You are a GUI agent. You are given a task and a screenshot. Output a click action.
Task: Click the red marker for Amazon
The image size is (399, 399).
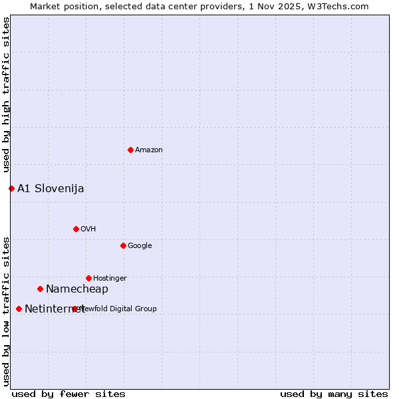[x=130, y=150]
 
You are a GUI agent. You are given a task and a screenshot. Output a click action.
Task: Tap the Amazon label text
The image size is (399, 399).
[x=149, y=150]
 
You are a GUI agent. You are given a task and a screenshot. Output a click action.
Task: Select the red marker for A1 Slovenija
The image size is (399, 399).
[x=11, y=188]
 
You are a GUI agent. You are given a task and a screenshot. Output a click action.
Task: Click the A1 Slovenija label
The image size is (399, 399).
[x=51, y=189]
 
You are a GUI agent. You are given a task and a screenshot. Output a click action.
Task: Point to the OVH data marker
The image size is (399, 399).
[x=76, y=229]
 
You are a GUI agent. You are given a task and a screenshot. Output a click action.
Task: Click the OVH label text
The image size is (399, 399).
[x=88, y=229]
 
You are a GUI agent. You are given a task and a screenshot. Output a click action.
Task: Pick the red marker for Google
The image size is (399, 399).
[x=123, y=245]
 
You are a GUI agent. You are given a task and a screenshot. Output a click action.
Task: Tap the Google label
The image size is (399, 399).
[x=140, y=246]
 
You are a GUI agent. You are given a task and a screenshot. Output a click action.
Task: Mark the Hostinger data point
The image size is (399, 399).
[x=88, y=278]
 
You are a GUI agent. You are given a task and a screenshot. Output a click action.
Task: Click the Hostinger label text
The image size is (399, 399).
[x=110, y=279]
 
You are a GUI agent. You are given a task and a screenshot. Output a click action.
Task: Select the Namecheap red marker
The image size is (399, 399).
[x=40, y=289]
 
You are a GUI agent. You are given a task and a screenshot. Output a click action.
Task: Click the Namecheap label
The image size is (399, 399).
[x=77, y=289]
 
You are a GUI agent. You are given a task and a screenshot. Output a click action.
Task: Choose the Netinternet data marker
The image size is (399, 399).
[x=19, y=309]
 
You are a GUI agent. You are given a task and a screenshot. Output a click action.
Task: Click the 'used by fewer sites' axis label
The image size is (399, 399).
[x=68, y=394]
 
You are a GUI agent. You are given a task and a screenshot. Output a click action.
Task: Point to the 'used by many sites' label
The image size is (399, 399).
[x=334, y=394]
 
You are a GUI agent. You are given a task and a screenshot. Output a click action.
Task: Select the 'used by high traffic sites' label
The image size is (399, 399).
[x=6, y=95]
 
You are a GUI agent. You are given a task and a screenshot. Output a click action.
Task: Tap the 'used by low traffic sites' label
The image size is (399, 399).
[x=6, y=311]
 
